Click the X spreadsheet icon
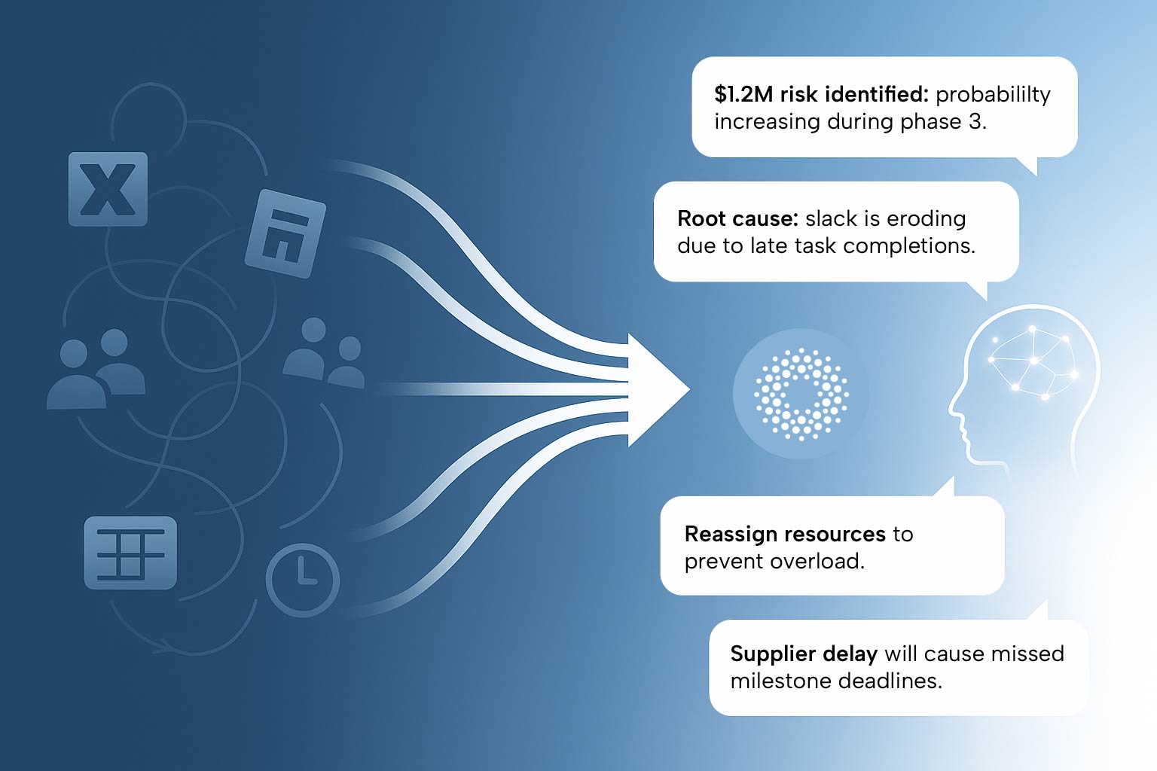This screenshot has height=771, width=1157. coord(108,189)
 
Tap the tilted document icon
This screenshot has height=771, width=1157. coord(285,233)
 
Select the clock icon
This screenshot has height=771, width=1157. coord(303,580)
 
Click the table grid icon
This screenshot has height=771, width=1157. coord(130,553)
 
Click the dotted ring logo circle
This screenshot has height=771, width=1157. coord(801,394)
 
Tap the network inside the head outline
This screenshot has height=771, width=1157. coord(1033,362)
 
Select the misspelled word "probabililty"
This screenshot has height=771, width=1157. coord(993,96)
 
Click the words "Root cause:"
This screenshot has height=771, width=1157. coord(738,218)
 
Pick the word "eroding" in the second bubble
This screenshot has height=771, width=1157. coord(926,220)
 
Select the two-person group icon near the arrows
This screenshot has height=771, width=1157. coord(324,353)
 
